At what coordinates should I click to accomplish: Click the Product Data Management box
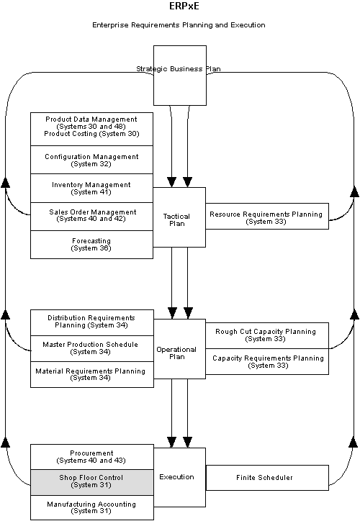pos(91,128)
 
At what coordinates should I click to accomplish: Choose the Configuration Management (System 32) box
pos(91,160)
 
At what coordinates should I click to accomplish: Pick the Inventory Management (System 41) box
pos(91,188)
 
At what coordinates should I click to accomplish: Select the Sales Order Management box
pos(91,216)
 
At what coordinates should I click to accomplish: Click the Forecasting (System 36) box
pos(91,244)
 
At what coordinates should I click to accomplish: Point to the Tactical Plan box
pos(176,219)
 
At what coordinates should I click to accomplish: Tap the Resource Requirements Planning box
pos(266,217)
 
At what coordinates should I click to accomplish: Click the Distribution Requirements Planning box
pos(91,322)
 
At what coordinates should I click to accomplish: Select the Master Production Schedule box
pos(91,348)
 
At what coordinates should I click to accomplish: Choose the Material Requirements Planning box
pos(91,374)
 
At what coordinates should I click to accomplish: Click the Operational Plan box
pos(176,353)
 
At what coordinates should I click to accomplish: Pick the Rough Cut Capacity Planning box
pos(266,335)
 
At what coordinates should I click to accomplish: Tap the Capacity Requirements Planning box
pos(266,361)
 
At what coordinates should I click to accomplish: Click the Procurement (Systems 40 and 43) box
pos(91,456)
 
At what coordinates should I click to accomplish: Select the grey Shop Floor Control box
pos(91,481)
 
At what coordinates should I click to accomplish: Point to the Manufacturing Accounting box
pos(91,507)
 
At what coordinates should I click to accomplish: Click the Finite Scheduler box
pos(266,478)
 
